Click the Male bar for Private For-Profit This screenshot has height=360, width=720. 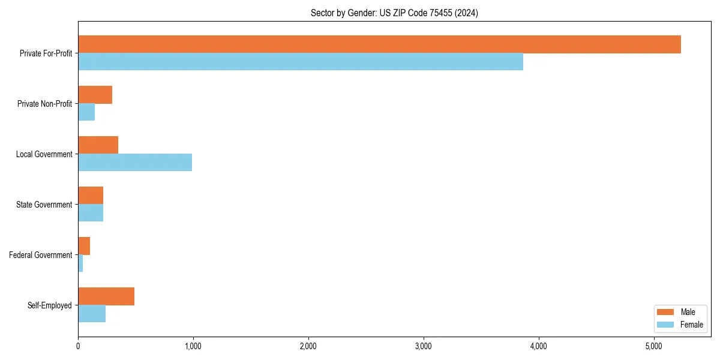click(379, 44)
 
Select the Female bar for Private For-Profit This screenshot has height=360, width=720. click(300, 62)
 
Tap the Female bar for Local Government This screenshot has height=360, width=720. click(135, 163)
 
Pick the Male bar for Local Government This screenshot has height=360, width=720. click(98, 145)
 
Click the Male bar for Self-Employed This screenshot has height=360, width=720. click(106, 296)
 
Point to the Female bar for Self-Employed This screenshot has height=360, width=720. click(92, 314)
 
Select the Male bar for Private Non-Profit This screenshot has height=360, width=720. click(95, 95)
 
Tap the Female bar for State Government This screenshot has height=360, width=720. click(91, 213)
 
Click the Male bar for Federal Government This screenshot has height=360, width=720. click(84, 246)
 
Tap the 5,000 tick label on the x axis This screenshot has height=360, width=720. click(653, 346)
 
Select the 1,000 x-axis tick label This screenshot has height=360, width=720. click(193, 346)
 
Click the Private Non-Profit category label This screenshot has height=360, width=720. click(44, 104)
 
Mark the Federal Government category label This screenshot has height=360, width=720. click(41, 255)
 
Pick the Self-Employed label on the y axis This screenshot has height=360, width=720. click(50, 305)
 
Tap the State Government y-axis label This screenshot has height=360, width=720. click(44, 205)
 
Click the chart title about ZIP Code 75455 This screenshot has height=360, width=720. click(394, 13)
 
